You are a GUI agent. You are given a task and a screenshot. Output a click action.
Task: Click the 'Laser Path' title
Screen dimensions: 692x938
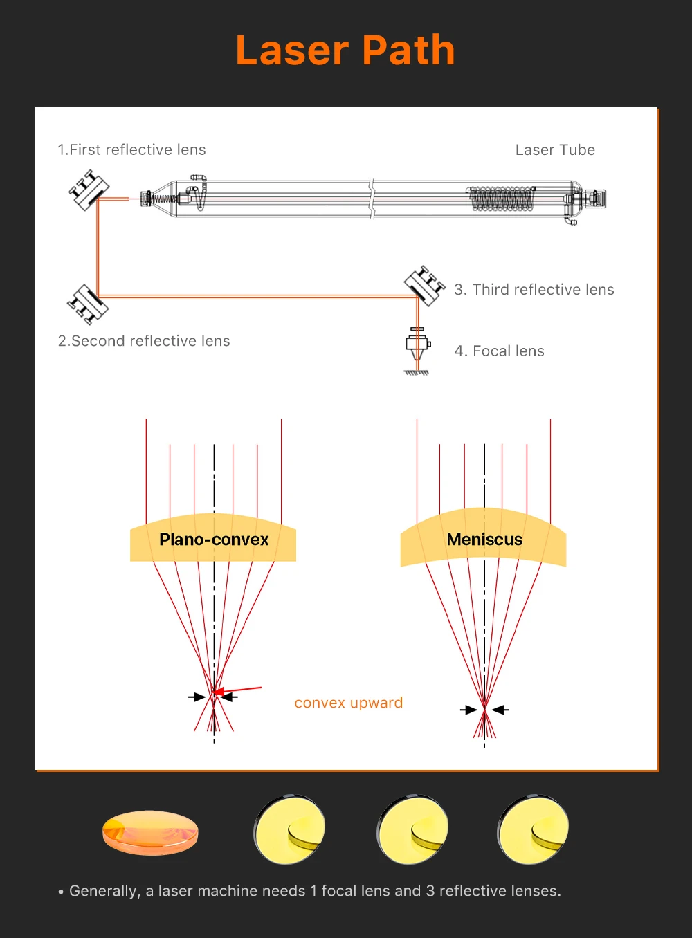(345, 50)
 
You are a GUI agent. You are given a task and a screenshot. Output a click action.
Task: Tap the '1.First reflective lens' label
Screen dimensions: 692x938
(131, 149)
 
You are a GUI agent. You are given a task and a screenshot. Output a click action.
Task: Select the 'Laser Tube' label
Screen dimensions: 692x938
(555, 150)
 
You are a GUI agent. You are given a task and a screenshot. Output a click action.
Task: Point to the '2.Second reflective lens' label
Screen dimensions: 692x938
(144, 341)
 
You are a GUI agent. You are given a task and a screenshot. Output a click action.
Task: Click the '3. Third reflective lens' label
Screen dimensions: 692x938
(534, 290)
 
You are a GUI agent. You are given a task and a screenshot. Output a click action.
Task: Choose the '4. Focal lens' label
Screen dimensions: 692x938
(499, 351)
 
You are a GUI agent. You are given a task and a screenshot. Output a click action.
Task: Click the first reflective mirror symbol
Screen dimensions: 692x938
(89, 190)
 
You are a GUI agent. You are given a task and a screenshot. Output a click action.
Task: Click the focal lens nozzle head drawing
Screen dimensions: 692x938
(417, 348)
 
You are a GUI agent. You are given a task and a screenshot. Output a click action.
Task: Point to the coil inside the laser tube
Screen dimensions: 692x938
(502, 199)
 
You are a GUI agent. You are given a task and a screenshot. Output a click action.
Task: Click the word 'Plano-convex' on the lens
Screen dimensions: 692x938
(214, 540)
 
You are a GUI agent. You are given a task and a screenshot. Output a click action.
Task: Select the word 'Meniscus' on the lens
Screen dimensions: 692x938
(484, 540)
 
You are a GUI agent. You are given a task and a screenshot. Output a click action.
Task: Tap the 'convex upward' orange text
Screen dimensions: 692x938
(348, 703)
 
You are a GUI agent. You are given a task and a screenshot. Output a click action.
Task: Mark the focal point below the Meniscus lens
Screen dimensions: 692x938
(485, 709)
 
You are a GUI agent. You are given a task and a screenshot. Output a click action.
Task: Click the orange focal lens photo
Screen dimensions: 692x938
(150, 832)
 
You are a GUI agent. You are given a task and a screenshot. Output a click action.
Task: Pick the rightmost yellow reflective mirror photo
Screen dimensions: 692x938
(533, 829)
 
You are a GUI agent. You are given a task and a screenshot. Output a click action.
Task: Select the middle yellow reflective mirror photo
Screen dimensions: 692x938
(412, 829)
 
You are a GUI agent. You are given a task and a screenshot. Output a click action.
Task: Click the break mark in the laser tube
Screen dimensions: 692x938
(372, 199)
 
